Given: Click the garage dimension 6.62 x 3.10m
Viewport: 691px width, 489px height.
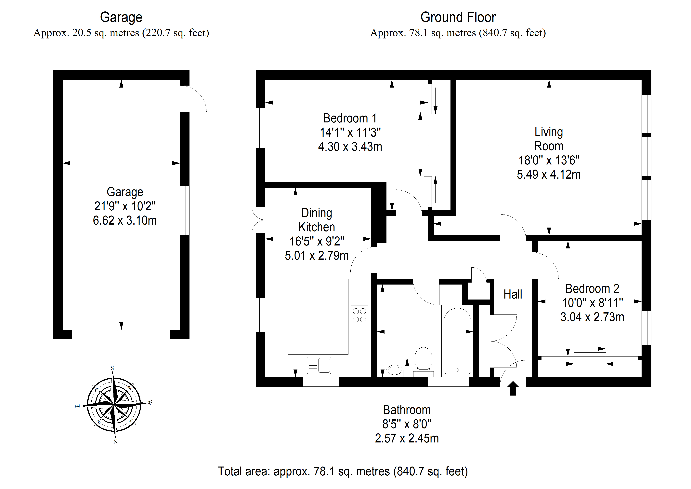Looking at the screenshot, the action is [125, 221].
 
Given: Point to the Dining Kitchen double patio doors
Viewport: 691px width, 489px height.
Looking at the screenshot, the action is [258, 220].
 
